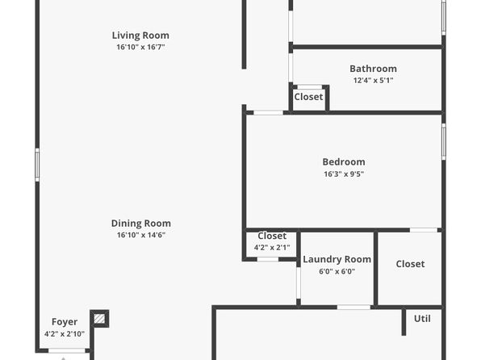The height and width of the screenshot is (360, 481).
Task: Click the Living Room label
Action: (140, 36)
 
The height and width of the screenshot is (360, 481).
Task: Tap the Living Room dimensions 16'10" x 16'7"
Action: (140, 47)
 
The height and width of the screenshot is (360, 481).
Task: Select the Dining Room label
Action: (141, 224)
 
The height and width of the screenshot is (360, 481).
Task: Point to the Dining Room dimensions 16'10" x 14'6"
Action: (141, 235)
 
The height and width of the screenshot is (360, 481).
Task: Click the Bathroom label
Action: (374, 69)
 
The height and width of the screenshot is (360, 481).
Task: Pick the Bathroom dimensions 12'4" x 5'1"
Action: (374, 81)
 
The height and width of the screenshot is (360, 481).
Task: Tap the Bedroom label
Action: (344, 162)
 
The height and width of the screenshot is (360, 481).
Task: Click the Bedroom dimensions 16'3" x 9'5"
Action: (344, 174)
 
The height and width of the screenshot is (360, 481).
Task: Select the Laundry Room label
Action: (337, 260)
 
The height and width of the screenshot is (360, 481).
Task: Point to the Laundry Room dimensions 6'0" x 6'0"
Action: (337, 271)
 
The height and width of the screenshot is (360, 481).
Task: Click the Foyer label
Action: (65, 322)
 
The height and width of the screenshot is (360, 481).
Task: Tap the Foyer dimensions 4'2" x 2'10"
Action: (65, 334)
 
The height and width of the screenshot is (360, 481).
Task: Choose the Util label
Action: (422, 319)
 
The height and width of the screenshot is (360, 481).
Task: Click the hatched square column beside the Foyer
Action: (99, 319)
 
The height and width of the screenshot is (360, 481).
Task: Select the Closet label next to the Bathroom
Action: (308, 97)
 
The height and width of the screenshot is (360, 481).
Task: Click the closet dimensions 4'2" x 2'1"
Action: (272, 247)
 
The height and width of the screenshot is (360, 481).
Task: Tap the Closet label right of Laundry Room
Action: (411, 264)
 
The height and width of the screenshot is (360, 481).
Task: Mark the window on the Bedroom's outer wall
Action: (444, 141)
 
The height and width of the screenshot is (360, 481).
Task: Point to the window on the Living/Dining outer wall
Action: (37, 165)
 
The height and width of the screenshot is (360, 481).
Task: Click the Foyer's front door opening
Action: (67, 350)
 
